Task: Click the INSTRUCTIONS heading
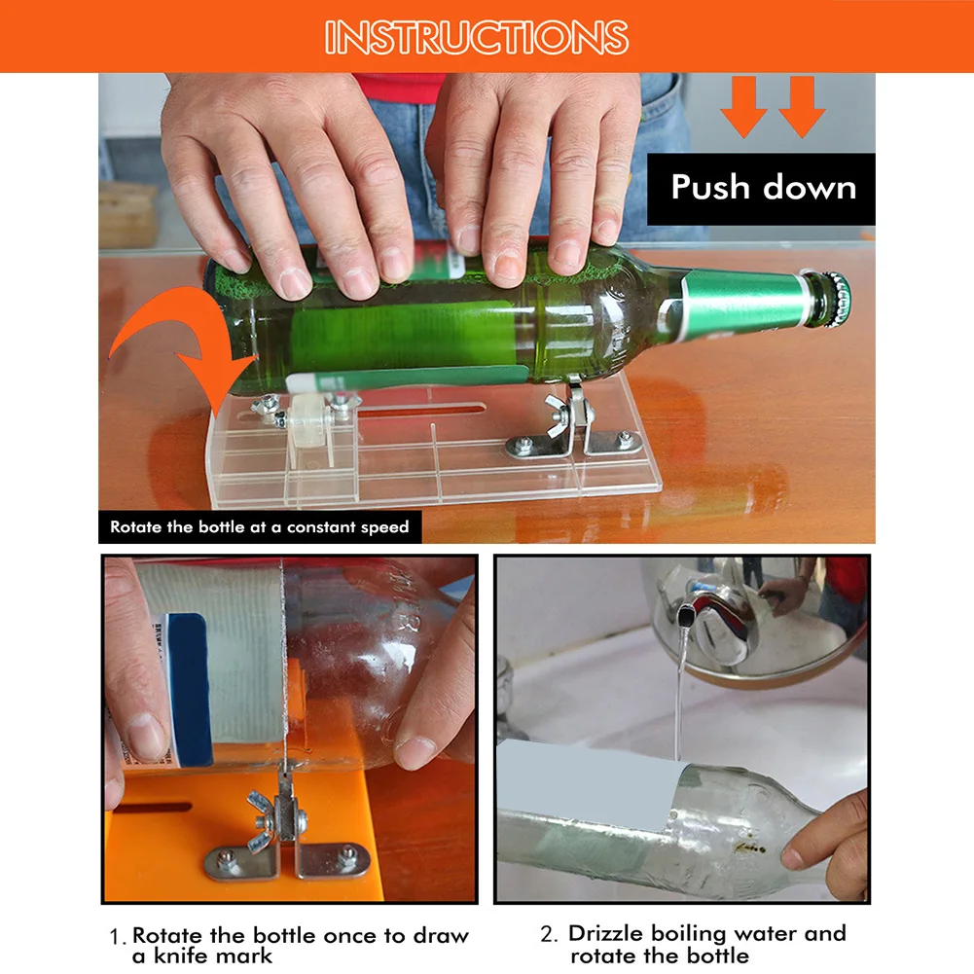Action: click(477, 37)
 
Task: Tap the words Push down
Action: click(764, 187)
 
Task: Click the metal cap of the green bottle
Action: click(836, 300)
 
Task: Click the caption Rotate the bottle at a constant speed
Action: click(260, 527)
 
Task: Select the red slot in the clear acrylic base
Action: click(421, 410)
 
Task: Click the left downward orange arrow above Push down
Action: click(744, 106)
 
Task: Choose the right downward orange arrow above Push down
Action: click(802, 106)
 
